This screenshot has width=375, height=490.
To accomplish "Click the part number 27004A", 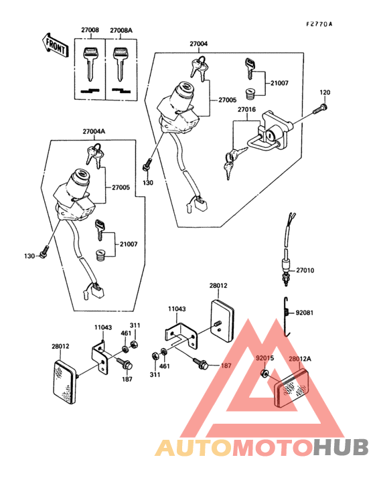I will click(x=94, y=131).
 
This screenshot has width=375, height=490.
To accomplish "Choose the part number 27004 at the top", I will click(x=198, y=44).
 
